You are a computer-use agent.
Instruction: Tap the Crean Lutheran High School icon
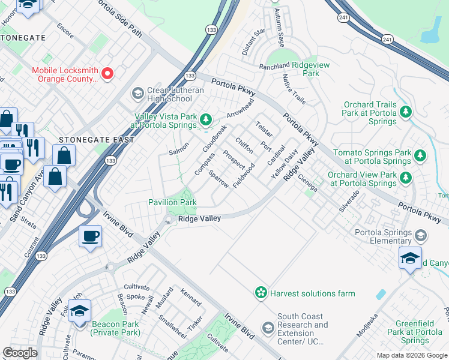tap(137, 94)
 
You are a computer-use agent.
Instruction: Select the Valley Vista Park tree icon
tap(206, 120)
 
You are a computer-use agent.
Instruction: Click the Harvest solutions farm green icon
tap(261, 293)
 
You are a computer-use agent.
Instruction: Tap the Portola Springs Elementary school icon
tap(421, 234)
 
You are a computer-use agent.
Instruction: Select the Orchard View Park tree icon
tap(406, 178)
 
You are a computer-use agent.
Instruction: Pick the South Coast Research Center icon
tap(268, 327)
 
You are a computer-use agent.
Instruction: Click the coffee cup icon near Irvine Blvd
tap(90, 236)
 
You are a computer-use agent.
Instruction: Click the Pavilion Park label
tap(172, 203)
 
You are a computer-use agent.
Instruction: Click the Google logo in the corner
tap(20, 353)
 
